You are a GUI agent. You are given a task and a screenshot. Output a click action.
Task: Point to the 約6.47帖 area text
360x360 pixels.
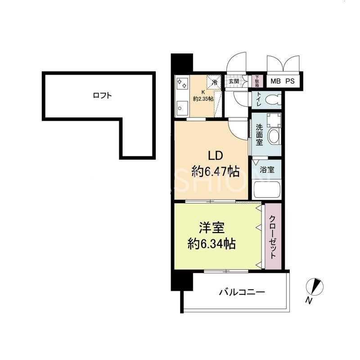click(215, 171)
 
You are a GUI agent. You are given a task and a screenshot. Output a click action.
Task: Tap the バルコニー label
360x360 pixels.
click(242, 292)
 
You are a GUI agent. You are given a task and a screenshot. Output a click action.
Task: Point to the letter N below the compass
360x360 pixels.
click(309, 300)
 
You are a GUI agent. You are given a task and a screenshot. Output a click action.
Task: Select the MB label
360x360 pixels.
click(274, 82)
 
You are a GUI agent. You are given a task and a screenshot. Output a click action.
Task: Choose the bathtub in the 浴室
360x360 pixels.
click(266, 189)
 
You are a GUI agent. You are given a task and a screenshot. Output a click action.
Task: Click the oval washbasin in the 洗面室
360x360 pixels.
click(273, 135)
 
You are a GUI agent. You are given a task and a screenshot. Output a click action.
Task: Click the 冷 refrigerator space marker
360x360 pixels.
click(215, 83)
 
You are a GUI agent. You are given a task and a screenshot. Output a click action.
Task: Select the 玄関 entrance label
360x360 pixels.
click(234, 81)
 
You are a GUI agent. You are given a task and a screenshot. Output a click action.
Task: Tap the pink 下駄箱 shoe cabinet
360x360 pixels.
click(257, 81)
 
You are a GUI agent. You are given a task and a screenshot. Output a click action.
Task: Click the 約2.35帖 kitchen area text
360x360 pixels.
click(203, 98)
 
